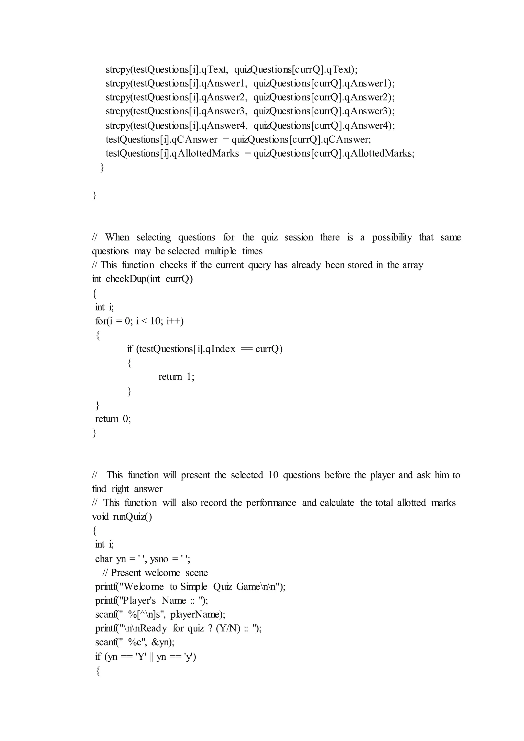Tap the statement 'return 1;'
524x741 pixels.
[x=176, y=377]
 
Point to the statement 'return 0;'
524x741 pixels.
[x=113, y=419]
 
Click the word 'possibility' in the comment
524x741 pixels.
[x=392, y=237]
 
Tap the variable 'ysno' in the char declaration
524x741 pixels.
[x=159, y=559]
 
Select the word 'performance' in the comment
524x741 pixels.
[x=271, y=503]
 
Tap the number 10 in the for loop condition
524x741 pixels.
[x=156, y=321]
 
